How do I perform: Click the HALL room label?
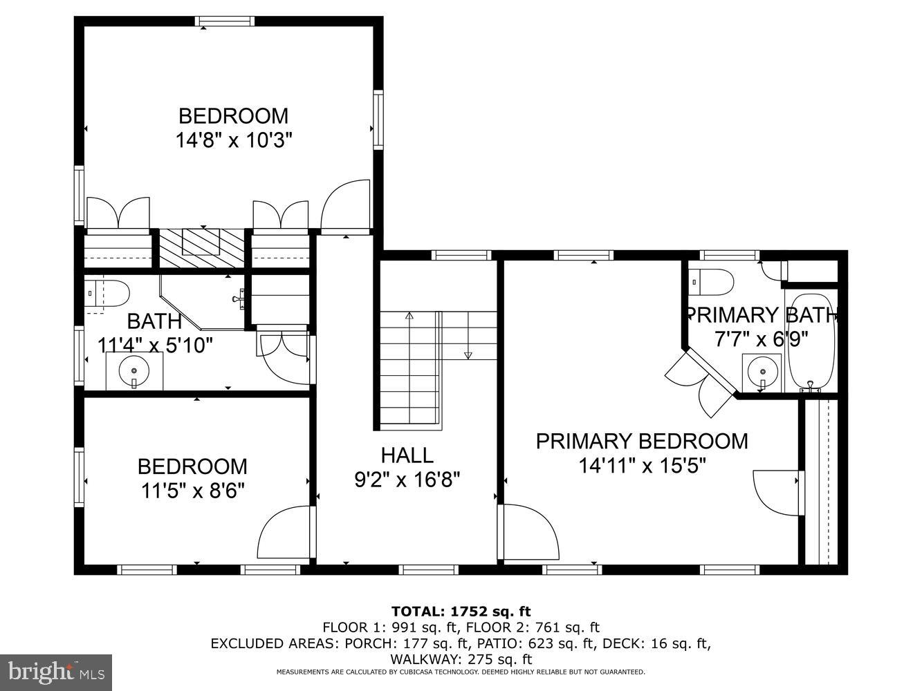[407, 455]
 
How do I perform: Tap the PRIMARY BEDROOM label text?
[641, 441]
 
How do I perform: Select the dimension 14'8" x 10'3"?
[234, 140]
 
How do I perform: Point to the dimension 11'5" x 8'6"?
[193, 491]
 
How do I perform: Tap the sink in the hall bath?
[134, 372]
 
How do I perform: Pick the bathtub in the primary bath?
[811, 342]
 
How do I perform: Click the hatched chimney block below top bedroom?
[202, 247]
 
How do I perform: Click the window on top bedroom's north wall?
[225, 21]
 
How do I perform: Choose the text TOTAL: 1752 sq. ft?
[461, 611]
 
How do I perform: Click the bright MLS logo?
[57, 671]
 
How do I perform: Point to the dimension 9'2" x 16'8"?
[407, 479]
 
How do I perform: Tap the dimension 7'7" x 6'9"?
[761, 339]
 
